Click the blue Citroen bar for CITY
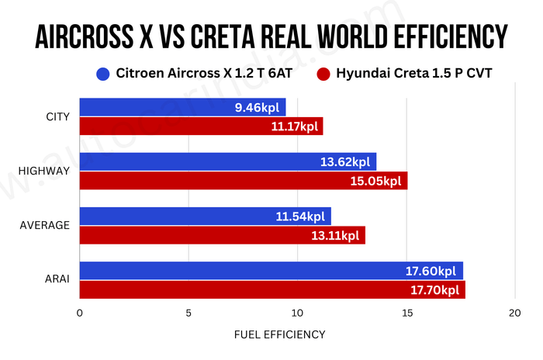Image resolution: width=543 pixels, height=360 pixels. [x=182, y=107]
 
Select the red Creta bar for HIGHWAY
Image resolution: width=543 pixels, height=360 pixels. [x=243, y=181]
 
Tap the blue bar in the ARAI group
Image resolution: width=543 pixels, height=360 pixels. [x=271, y=271]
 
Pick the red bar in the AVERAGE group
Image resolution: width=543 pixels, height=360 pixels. [x=222, y=235]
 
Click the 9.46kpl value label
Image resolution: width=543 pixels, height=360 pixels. [x=260, y=107]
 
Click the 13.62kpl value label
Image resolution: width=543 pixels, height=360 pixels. [x=345, y=162]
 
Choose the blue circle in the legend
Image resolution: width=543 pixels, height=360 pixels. [x=102, y=74]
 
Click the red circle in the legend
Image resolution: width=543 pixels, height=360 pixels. [x=323, y=74]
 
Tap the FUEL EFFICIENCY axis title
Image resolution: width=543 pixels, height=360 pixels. [x=279, y=335]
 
